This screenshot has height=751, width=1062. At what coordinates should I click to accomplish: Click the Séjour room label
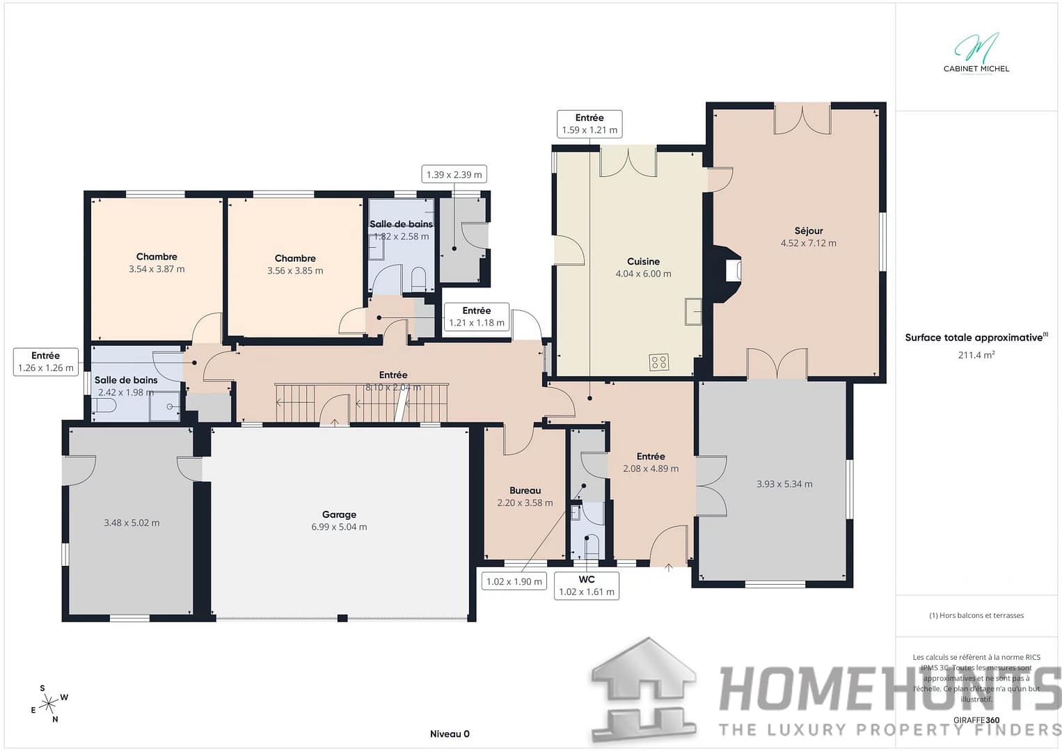(808, 230)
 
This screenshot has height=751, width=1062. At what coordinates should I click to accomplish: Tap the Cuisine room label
(642, 262)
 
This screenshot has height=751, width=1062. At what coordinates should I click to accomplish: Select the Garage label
(339, 514)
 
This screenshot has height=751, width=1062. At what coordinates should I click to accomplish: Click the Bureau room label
(525, 491)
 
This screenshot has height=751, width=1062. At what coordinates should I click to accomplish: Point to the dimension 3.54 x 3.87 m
(157, 269)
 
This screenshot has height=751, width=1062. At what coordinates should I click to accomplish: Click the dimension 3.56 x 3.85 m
(295, 271)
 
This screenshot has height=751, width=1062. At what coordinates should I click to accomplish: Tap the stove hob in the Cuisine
(658, 362)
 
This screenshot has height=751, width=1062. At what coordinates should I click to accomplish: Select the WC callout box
(587, 586)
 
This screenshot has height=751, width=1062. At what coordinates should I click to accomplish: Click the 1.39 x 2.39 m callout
(454, 175)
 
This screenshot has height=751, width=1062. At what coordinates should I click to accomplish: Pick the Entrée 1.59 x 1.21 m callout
(589, 124)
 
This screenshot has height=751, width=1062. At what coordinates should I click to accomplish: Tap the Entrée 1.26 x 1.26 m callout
(46, 362)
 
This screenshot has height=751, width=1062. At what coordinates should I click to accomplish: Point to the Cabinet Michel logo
(976, 53)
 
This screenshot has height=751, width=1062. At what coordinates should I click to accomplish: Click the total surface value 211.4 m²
(976, 355)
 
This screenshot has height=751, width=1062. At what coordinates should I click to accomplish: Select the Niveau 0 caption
(450, 734)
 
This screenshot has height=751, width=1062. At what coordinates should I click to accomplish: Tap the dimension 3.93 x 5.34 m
(784, 484)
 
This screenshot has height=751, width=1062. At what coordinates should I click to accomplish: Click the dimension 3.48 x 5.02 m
(132, 523)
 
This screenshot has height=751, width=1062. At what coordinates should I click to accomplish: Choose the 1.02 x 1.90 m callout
(514, 581)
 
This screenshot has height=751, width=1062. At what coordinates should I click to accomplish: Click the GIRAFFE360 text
(976, 720)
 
